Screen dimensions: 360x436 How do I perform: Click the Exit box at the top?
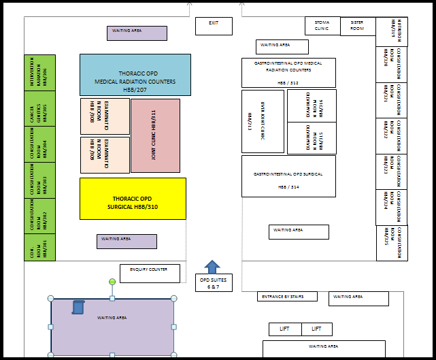[214, 26]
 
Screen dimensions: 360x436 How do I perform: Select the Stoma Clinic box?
[322, 26]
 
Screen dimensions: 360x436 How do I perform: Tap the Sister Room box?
[357, 26]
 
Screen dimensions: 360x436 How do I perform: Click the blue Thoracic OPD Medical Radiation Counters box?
[135, 75]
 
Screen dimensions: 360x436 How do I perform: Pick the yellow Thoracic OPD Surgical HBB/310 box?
[133, 199]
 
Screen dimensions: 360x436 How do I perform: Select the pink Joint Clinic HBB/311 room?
[155, 135]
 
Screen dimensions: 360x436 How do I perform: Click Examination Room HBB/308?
[105, 116]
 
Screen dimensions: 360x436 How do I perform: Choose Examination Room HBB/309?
[105, 154]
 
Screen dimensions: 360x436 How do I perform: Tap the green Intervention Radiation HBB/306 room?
[39, 72]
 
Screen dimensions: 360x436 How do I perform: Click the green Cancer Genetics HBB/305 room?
[39, 108]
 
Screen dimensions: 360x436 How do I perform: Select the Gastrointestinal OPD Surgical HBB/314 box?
[288, 176]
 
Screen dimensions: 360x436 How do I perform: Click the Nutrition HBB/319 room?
[392, 31]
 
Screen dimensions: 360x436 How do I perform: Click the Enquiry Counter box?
[150, 273]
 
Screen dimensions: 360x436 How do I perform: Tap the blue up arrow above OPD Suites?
[212, 266]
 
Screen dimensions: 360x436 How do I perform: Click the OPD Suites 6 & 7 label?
[213, 284]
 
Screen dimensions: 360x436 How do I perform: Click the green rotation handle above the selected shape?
[112, 281]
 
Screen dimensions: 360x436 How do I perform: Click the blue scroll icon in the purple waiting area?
[78, 307]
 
